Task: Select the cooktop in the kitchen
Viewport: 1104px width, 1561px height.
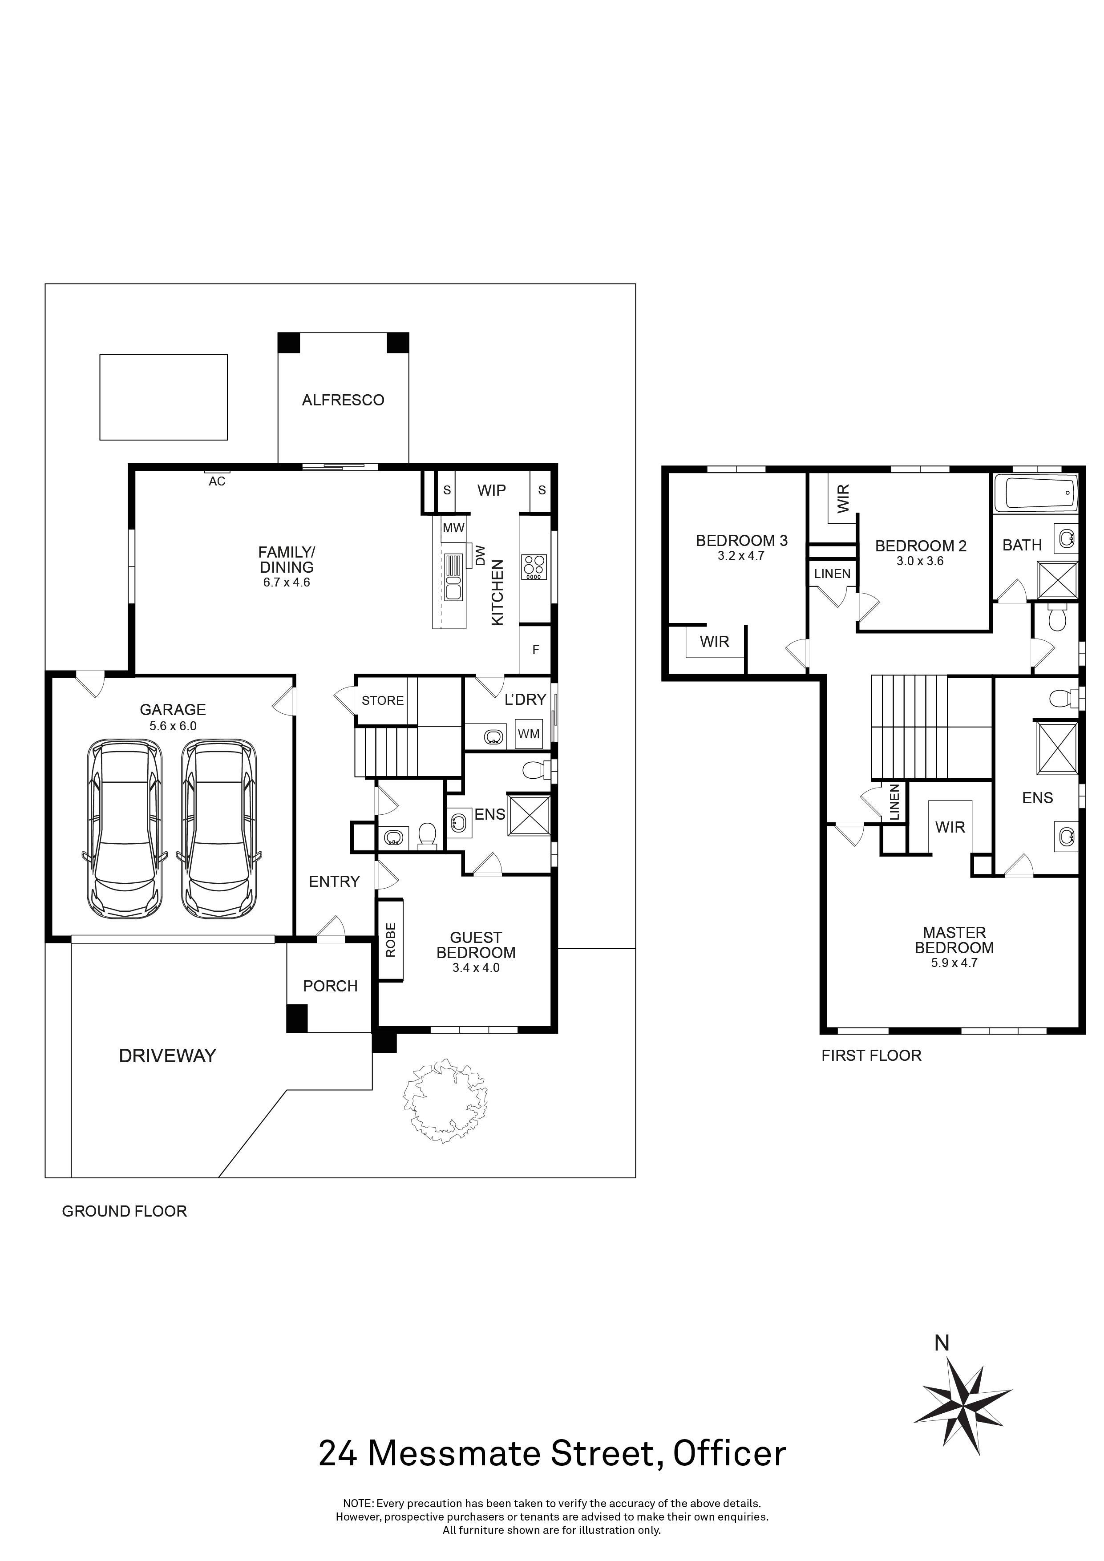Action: coord(534,567)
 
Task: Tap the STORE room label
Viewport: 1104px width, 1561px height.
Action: coord(382,700)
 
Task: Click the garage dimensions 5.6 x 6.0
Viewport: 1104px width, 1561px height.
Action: coord(173,726)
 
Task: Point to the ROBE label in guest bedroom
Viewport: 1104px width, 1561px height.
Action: coord(390,940)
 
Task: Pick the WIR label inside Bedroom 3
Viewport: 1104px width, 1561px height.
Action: coord(715,641)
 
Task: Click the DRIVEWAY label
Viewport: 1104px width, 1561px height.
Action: coord(167,1056)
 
